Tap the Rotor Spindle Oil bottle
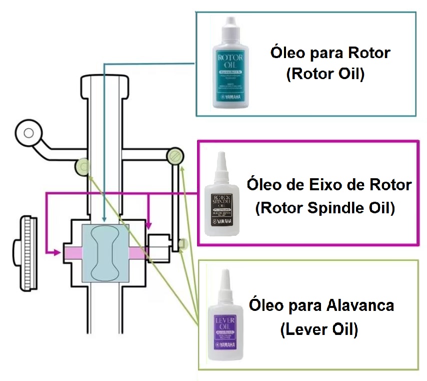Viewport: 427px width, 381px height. [x=222, y=200]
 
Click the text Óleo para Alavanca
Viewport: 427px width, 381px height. [x=321, y=305]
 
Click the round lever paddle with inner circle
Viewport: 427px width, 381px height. [x=28, y=133]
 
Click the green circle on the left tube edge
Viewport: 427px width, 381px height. [x=82, y=166]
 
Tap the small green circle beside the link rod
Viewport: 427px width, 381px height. [x=182, y=243]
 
